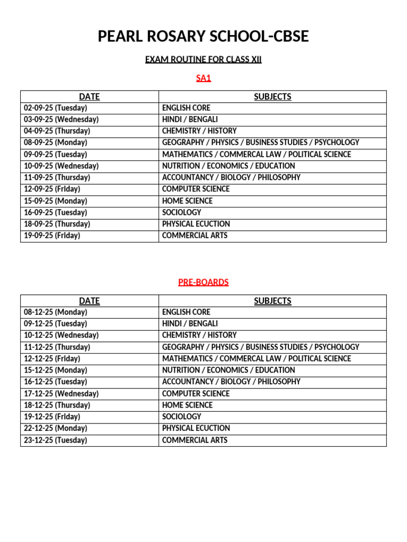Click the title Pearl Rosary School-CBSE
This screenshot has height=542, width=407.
point(203,37)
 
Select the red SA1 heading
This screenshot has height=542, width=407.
point(203,78)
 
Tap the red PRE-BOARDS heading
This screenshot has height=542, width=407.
point(203,282)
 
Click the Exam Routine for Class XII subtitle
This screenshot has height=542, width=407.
point(203,59)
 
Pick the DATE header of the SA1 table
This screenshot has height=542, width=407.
point(89,96)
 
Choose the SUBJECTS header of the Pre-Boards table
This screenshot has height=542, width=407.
point(272,301)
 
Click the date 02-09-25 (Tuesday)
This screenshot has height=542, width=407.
point(56,108)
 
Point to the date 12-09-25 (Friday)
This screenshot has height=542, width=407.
point(52,189)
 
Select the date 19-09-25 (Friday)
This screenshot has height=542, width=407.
point(52,236)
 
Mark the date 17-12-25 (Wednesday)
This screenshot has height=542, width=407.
point(61,393)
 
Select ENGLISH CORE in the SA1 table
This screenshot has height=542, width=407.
point(186,108)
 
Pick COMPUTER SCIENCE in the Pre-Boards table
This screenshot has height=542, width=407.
point(196,393)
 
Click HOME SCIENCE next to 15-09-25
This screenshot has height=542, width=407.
point(187,201)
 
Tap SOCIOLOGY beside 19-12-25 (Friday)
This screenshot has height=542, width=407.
point(182,417)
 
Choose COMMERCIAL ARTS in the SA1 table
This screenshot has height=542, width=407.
point(194,236)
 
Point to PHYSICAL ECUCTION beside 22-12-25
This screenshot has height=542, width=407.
point(196,428)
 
